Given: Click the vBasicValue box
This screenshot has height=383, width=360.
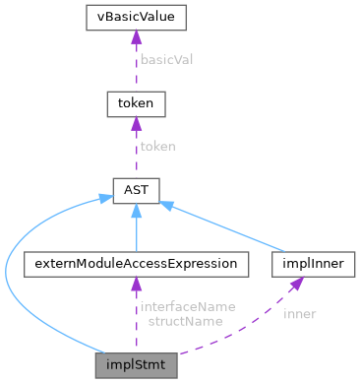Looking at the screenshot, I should [136, 18].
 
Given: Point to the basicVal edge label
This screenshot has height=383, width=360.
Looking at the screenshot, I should [165, 59].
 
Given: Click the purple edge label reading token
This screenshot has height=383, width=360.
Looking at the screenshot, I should [157, 146].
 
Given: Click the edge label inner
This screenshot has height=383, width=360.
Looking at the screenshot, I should [299, 314].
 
